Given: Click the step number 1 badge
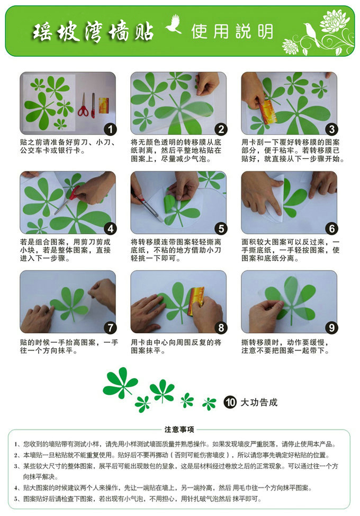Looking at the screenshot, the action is point(111,129).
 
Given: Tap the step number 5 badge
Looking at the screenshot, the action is point(221,228).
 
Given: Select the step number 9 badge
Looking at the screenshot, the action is point(332,328).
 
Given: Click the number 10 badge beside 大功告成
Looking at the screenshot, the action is point(230,402).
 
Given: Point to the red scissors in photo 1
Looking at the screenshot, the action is point(84,106).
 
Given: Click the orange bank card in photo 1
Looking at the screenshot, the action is point(104,105).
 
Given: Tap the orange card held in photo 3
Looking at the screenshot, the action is point(267,112).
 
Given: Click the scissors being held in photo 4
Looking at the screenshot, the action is point(67,200).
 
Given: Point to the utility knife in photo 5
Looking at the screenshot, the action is point(147,206).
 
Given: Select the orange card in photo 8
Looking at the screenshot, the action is point(196,301).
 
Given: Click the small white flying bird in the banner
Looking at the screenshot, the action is point(174,24).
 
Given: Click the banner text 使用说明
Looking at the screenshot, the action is point(232,31).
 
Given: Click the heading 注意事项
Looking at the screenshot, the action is point(179,430).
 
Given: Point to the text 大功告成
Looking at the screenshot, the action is point(259,402).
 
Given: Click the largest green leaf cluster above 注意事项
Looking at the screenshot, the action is point(120,382).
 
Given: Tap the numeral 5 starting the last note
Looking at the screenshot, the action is point(15,499).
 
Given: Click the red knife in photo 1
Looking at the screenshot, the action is point(93,105).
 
